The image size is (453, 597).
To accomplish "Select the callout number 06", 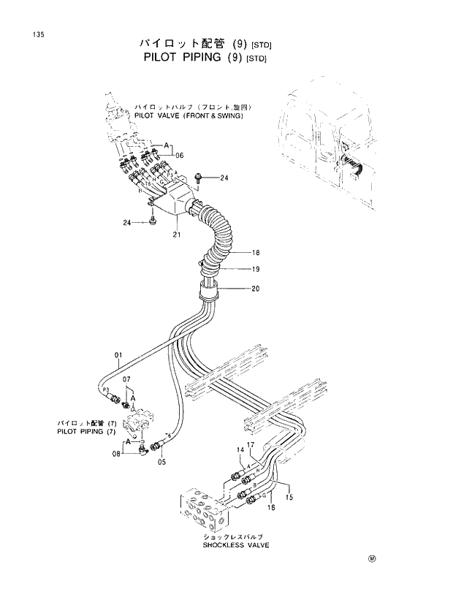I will click(x=180, y=154).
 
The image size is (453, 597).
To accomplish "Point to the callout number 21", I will click(x=176, y=235).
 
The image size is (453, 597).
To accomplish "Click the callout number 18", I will click(x=256, y=253).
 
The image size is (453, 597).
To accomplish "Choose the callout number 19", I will click(x=256, y=269).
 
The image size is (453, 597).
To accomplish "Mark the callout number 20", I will click(x=256, y=288).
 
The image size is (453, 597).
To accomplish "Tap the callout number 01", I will click(x=118, y=356).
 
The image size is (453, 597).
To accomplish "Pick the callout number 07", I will click(x=126, y=379).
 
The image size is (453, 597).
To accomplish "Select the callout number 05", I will click(x=161, y=462).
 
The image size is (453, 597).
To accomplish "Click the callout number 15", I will click(x=289, y=498).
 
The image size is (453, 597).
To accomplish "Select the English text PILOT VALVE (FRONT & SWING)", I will click(x=188, y=115).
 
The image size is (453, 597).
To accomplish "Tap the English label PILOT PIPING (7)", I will click(x=86, y=432).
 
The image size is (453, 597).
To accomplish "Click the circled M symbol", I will click(x=371, y=560).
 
